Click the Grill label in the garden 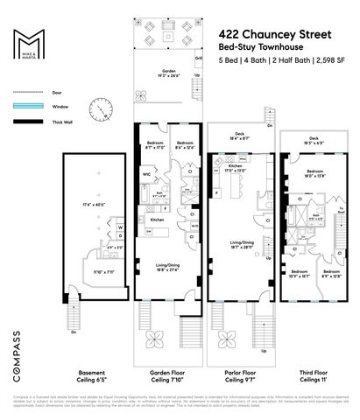click(199, 58)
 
